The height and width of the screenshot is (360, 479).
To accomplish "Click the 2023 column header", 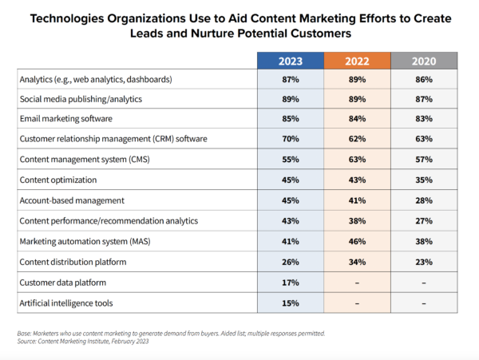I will click(x=291, y=61).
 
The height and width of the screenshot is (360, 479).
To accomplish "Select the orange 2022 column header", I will click(x=357, y=61).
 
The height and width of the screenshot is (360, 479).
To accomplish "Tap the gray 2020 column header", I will click(x=423, y=61).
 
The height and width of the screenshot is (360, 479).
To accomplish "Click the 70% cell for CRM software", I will click(x=291, y=138).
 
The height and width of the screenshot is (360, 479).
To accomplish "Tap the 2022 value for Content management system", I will click(x=357, y=158).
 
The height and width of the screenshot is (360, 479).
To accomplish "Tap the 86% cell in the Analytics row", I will click(x=423, y=80).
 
